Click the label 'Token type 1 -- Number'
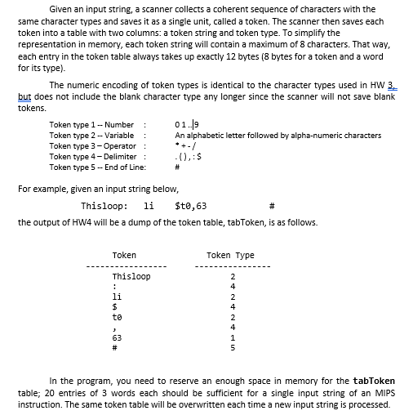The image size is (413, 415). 91,125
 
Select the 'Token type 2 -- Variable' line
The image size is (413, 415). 91,135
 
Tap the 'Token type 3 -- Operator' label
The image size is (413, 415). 91,145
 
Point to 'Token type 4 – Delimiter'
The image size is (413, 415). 91,154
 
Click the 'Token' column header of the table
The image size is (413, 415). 124,256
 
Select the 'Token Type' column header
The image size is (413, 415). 230,256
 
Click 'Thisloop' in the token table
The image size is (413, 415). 131,277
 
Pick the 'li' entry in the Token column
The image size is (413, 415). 116,296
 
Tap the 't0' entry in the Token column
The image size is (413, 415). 116,315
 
